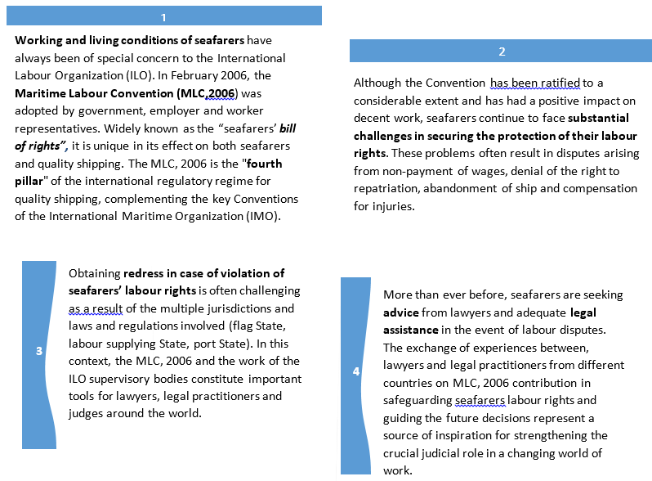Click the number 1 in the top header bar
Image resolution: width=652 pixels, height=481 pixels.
[163, 17]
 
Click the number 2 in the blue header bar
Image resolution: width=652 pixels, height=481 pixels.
[502, 52]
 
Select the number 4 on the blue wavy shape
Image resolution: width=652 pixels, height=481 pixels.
[355, 371]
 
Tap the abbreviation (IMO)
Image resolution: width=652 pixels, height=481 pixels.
[265, 217]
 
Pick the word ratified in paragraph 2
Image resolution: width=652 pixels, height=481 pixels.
[551, 83]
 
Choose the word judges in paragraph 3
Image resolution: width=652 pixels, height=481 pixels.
[87, 414]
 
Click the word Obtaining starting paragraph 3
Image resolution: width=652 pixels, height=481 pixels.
[94, 273]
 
